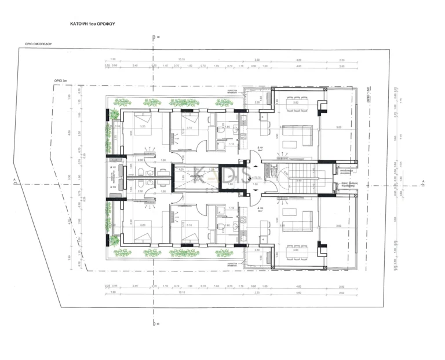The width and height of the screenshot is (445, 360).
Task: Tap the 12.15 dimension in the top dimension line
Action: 181,60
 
